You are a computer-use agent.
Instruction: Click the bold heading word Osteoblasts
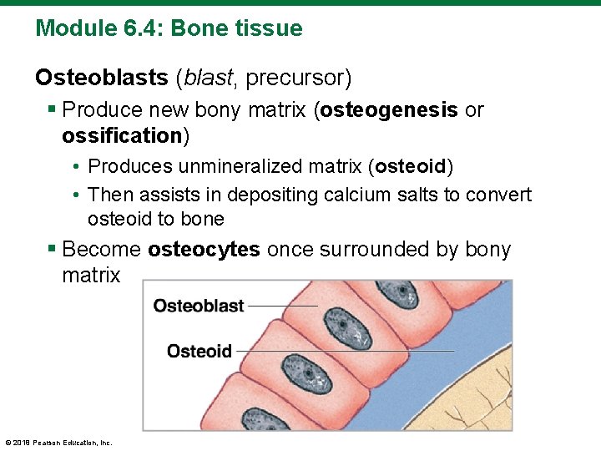click(x=101, y=79)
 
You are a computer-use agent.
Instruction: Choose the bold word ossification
click(x=121, y=135)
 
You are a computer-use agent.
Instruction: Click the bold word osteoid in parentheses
click(x=411, y=166)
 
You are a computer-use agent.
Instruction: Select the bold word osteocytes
click(x=204, y=250)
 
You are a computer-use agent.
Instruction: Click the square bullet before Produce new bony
click(x=52, y=110)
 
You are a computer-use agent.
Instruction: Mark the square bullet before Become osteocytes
click(x=52, y=250)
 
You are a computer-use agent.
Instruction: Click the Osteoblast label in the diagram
click(x=199, y=307)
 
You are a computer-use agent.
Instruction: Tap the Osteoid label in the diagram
click(x=199, y=351)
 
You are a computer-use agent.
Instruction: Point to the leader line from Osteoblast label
click(x=282, y=307)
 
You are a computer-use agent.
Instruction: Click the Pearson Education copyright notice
click(x=58, y=443)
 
